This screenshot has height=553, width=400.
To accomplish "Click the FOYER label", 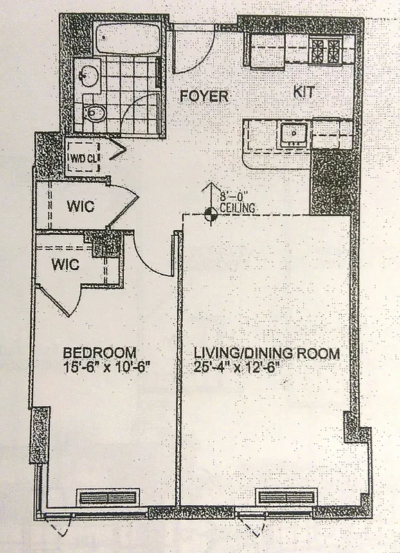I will point(204,95).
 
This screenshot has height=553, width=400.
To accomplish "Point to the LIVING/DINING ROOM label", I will point(266,354).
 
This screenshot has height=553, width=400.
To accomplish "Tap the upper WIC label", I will point(81,206).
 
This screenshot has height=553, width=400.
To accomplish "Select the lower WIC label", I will point(65,263).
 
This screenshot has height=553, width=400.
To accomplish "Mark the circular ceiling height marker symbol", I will point(212,216).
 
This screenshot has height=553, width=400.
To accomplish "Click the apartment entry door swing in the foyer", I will point(189,52).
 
